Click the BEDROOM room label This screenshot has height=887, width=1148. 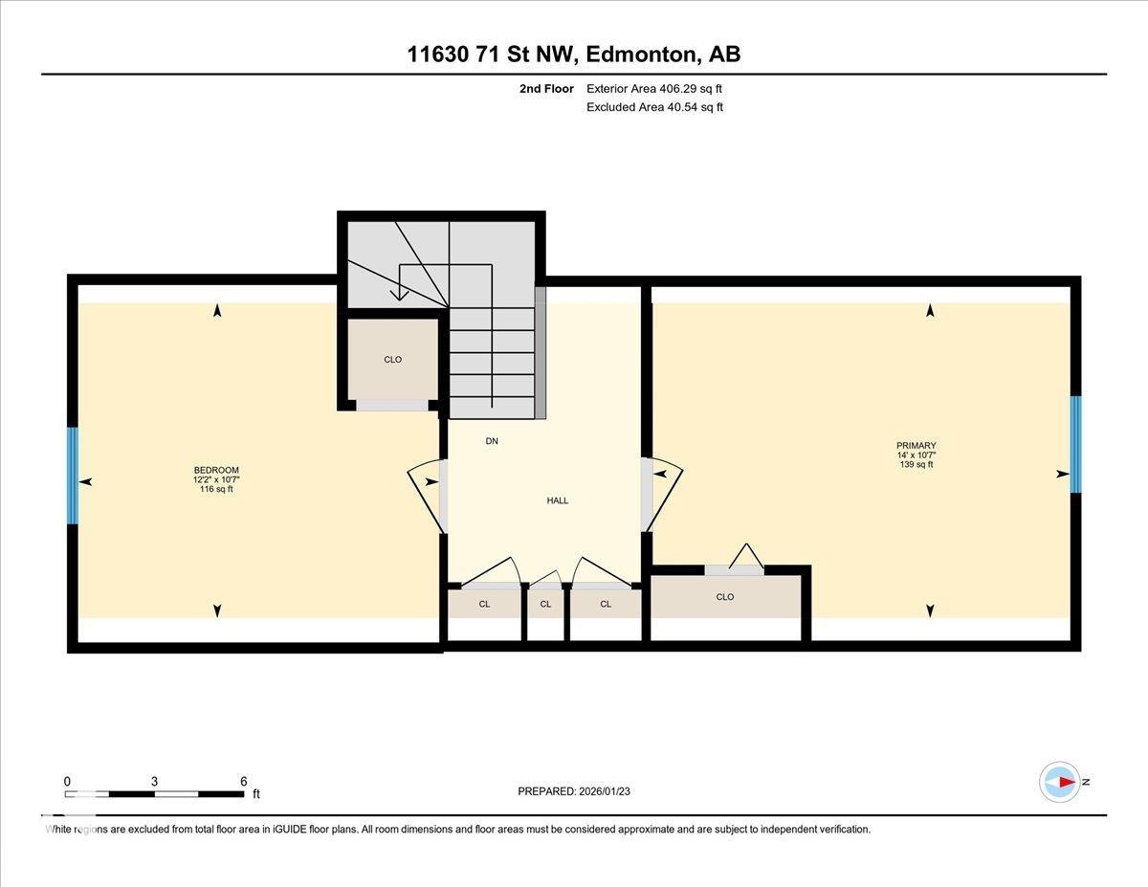tap(216, 470)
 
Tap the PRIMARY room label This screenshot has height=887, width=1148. tap(916, 445)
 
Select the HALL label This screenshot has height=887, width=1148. tap(558, 500)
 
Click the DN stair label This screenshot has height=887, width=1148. tap(492, 441)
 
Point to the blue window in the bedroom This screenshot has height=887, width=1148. tap(72, 476)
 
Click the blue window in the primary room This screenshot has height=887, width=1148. tap(1075, 444)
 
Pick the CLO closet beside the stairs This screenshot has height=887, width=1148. tap(392, 360)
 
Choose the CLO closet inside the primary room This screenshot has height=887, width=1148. tap(724, 597)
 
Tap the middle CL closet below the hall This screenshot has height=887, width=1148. tap(545, 604)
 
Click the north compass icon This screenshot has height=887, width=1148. tap(1060, 782)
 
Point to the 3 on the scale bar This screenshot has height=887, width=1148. tap(154, 781)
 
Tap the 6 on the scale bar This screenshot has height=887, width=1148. tap(244, 781)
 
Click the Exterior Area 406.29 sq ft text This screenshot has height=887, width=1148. tap(654, 89)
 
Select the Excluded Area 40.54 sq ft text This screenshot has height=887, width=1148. tap(654, 107)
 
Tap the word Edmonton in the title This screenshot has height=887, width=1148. tap(641, 55)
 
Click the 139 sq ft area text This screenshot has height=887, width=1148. tap(916, 465)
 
